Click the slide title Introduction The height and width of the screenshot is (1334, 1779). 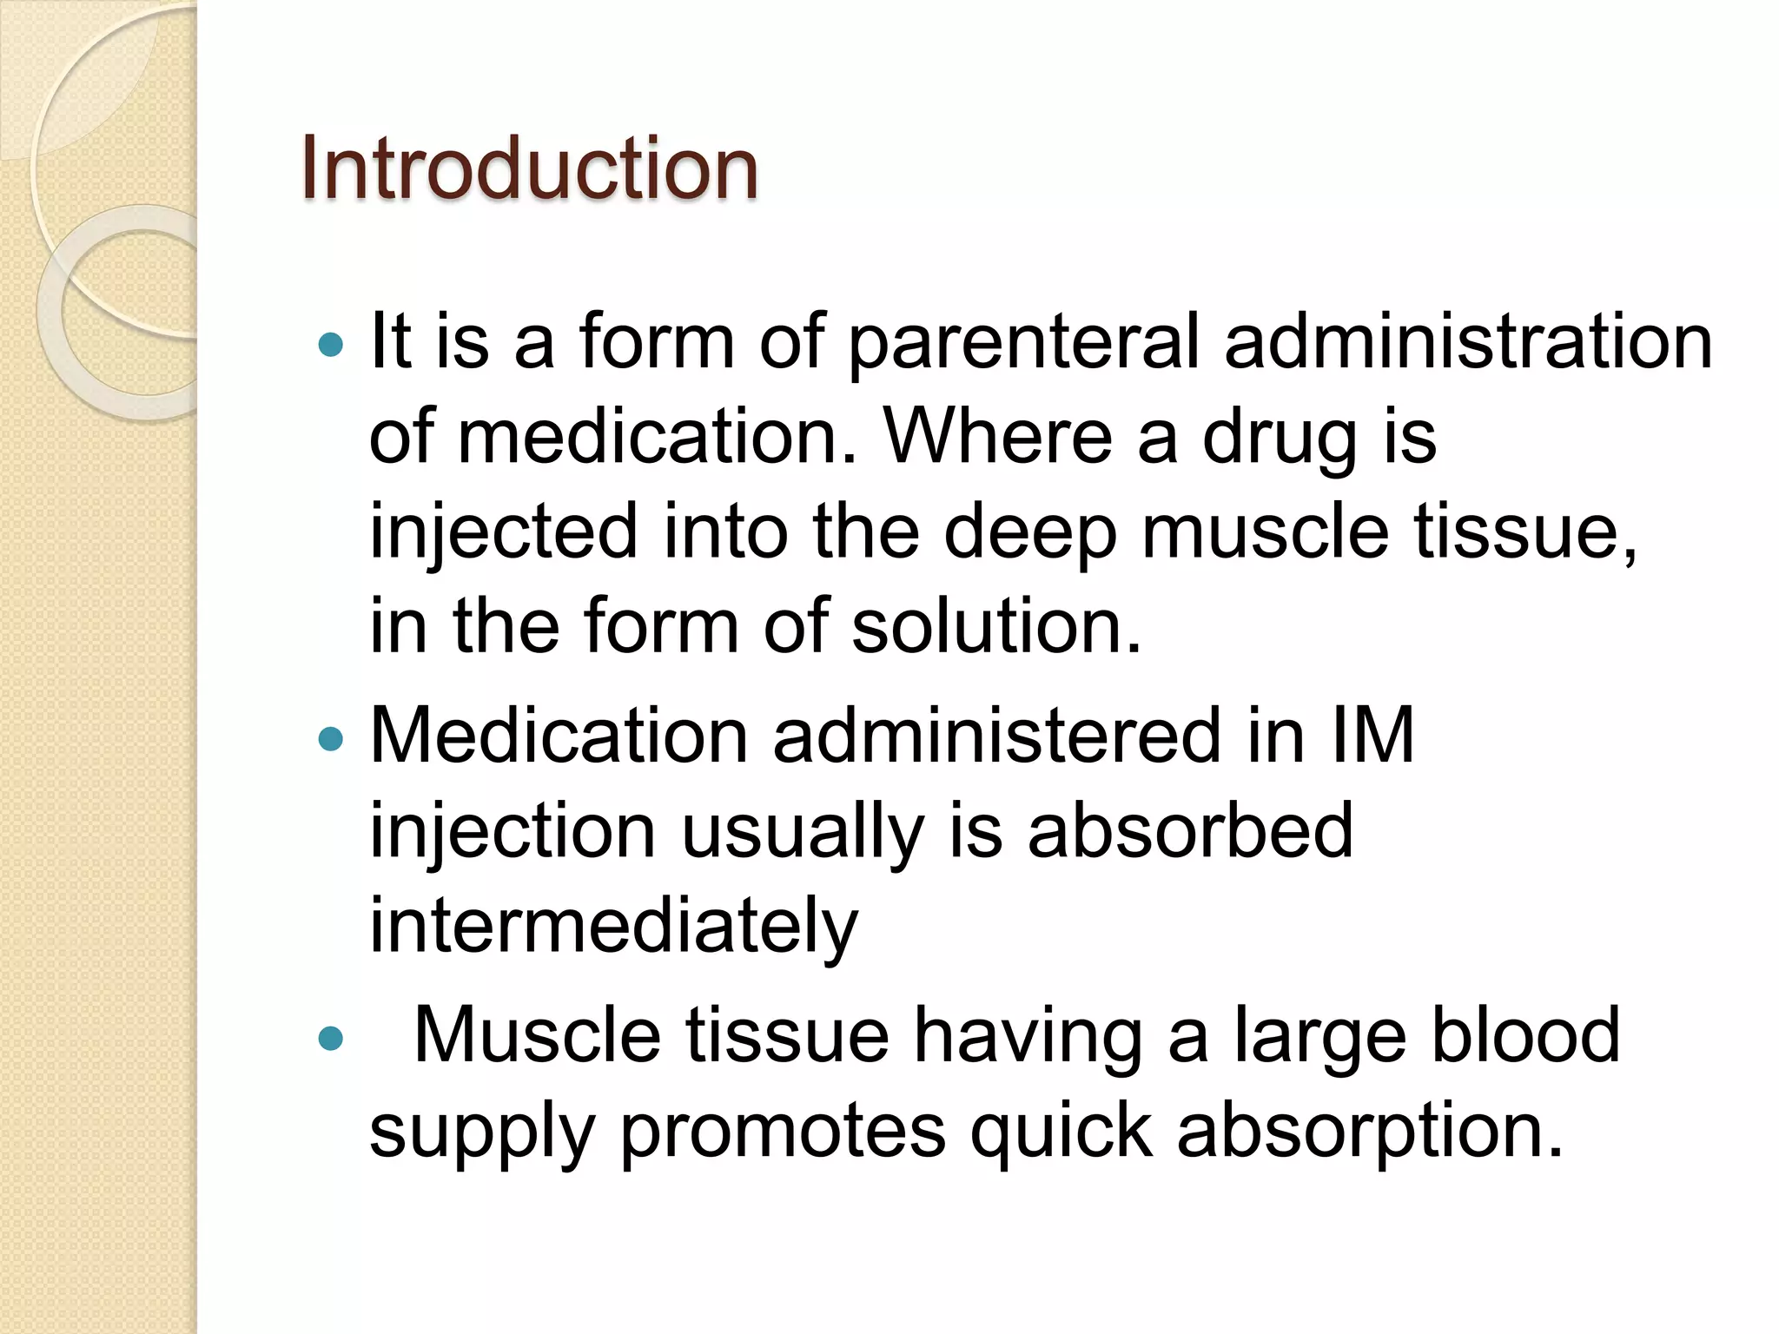[529, 168]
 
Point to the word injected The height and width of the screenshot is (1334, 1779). [504, 533]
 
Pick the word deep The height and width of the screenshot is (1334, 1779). [1029, 533]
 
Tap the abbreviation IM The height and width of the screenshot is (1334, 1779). [1372, 736]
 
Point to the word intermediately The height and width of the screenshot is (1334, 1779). [613, 928]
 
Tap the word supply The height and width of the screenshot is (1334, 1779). [482, 1133]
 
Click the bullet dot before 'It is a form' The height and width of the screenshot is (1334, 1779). [331, 346]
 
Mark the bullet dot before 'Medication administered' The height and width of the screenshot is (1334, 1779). [331, 739]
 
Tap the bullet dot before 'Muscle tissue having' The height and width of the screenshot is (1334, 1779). [331, 1038]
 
